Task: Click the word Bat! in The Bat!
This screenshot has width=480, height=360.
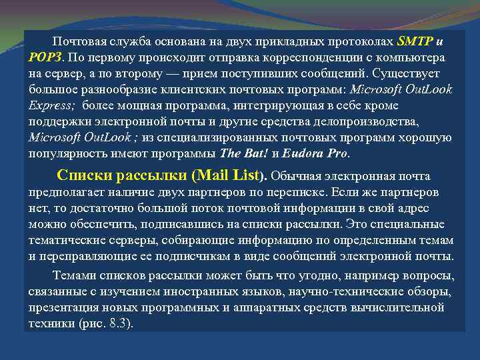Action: click(x=255, y=153)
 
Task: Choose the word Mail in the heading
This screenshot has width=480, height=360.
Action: click(x=214, y=176)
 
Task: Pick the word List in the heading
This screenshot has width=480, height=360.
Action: click(x=249, y=176)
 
